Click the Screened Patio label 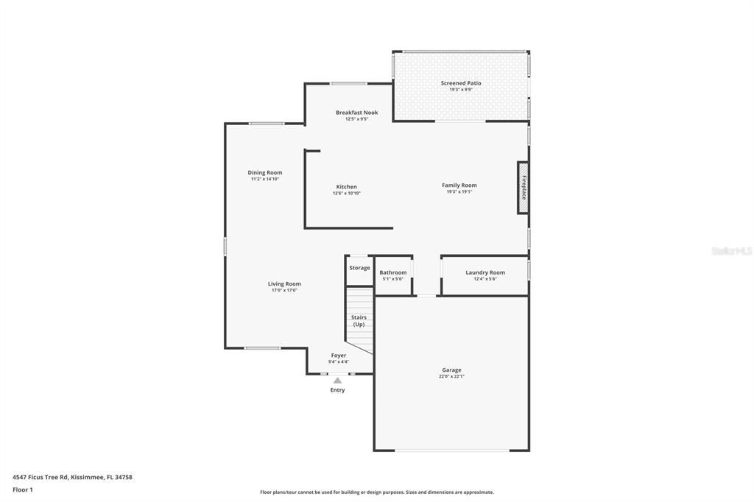tap(461, 83)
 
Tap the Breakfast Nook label tap(357, 113)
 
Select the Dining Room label tap(265, 173)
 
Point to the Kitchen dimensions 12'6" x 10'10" tap(347, 194)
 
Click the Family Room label tap(459, 185)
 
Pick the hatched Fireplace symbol tap(524, 188)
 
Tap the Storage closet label tap(359, 268)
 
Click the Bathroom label tap(393, 272)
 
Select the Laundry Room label tap(485, 272)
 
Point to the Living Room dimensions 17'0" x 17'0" tap(285, 291)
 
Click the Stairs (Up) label tap(359, 321)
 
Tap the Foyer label tap(339, 356)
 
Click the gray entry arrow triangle tap(337, 381)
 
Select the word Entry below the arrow tap(337, 390)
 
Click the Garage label tap(451, 370)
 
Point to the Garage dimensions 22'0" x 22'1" tap(451, 377)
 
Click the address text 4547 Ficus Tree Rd tap(40, 477)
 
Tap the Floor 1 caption tap(23, 490)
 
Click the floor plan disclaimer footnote tap(377, 492)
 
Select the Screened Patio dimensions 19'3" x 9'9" tap(461, 90)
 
